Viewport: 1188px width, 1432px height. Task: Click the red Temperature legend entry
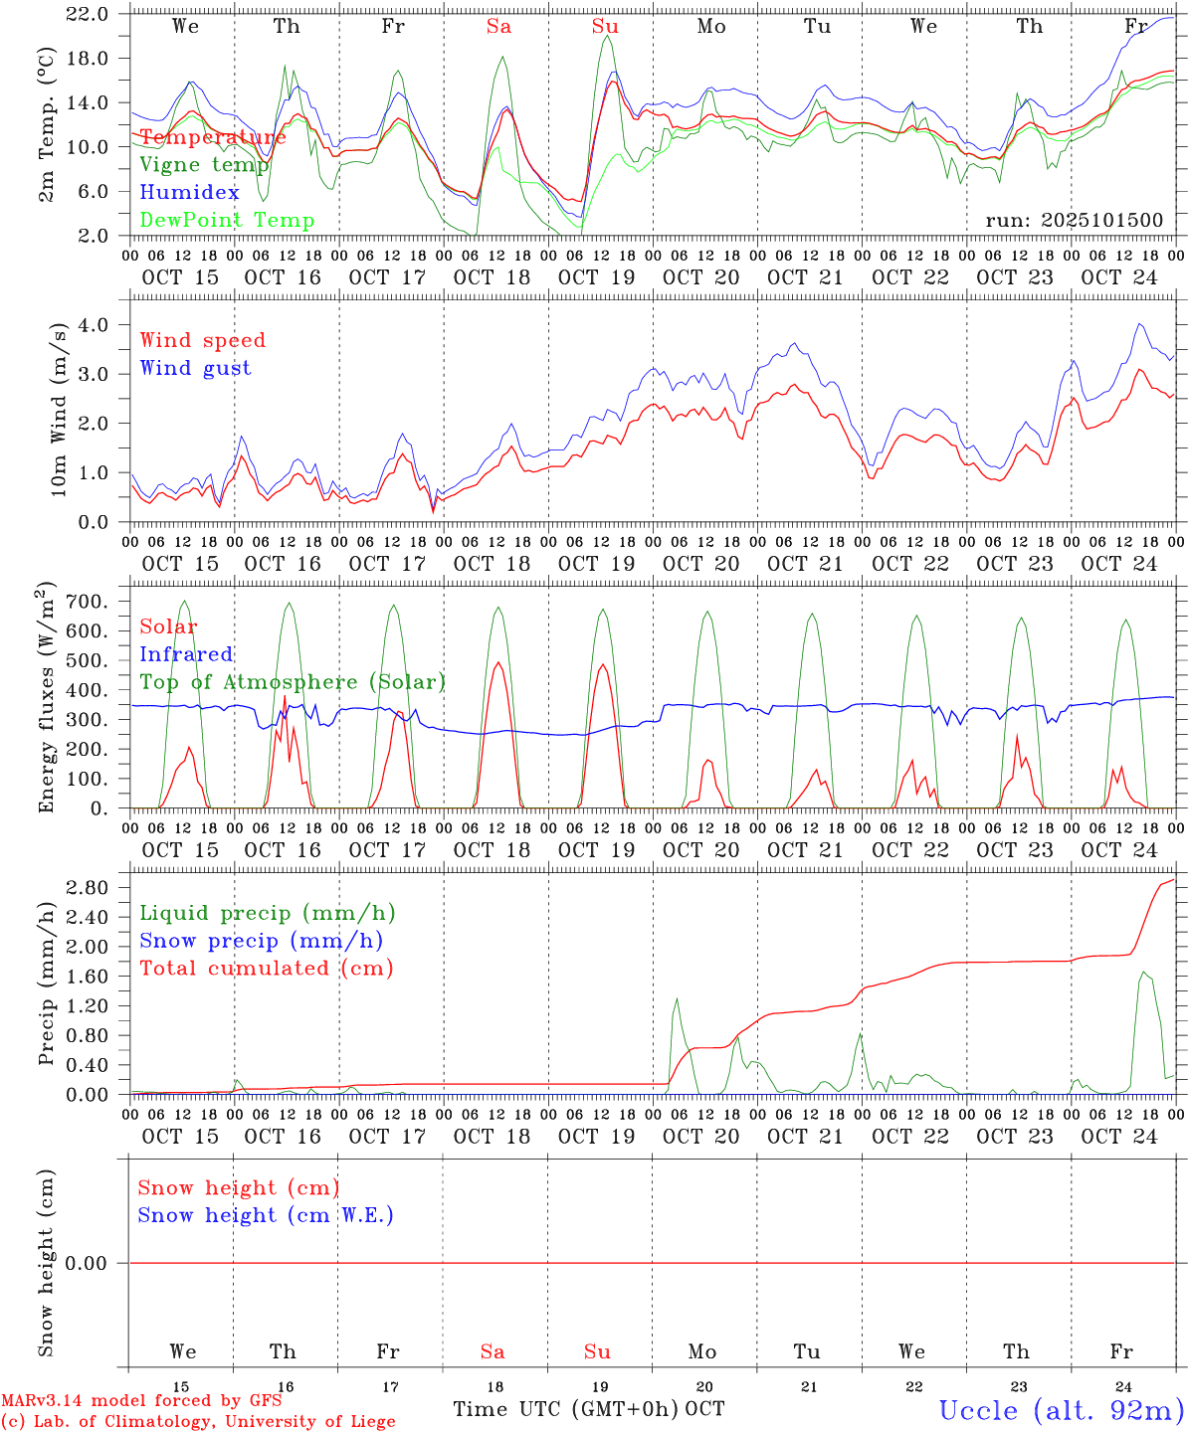click(x=213, y=137)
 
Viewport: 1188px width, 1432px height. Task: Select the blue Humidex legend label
click(x=189, y=193)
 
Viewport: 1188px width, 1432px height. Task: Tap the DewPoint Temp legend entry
click(x=227, y=221)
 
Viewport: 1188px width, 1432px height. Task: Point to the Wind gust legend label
click(x=195, y=369)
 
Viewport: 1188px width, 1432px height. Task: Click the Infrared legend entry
click(x=186, y=654)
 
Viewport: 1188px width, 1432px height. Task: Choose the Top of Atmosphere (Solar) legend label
click(x=293, y=682)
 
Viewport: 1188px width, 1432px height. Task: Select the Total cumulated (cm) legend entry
click(x=267, y=969)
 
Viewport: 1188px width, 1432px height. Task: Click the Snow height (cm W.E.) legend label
click(x=266, y=1215)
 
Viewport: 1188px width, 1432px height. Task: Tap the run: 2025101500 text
click(x=1075, y=221)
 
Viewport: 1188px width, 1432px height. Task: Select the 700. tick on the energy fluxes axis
click(x=90, y=602)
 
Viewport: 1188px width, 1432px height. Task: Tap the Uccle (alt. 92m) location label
click(x=1062, y=1410)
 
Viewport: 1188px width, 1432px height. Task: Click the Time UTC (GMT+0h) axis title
click(x=567, y=1409)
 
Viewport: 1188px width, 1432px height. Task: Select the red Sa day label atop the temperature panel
click(x=498, y=27)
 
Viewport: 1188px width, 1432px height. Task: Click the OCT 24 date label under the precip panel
click(x=1119, y=1136)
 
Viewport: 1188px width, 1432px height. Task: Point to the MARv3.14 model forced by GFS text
click(x=141, y=1401)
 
